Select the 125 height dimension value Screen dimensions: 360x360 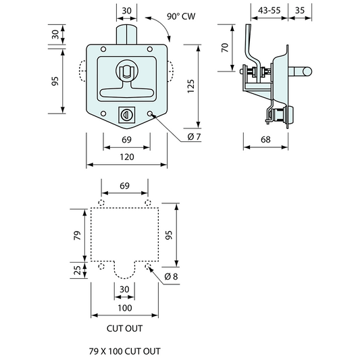point(191,85)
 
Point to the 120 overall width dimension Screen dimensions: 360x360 point(126,157)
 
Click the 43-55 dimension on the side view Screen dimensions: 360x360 point(261,10)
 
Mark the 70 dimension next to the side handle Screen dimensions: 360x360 point(225,47)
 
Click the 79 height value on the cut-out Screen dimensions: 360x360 point(77,235)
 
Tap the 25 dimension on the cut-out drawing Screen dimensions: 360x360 point(77,270)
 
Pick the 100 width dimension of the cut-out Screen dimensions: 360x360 point(126,308)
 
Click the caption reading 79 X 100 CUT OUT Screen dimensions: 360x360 point(125,351)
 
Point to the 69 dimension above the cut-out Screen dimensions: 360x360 point(124,184)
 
